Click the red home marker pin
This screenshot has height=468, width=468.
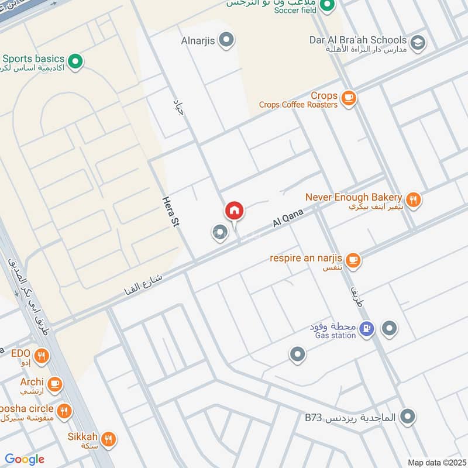[234, 211]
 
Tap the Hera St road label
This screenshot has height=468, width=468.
[170, 211]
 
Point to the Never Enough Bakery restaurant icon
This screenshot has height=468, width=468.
[414, 200]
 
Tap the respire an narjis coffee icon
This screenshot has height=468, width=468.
[353, 260]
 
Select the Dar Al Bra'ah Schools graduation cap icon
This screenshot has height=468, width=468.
[417, 42]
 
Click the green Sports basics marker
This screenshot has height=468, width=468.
[75, 61]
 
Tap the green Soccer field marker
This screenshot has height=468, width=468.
[328, 7]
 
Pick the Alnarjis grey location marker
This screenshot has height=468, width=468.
[227, 40]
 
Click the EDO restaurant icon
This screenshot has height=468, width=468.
[41, 355]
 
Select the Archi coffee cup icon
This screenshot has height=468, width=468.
[55, 384]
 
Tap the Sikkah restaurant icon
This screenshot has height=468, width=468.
[108, 439]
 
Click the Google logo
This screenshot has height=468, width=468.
[25, 459]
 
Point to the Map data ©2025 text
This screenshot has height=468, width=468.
[435, 462]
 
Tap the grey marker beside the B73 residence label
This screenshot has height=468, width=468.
[409, 417]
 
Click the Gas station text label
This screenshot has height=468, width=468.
[335, 335]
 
